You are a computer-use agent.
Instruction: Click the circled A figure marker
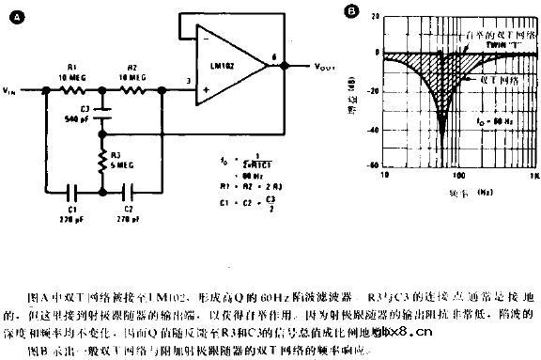coord(10,12)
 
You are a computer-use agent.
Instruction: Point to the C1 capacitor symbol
coord(74,198)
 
